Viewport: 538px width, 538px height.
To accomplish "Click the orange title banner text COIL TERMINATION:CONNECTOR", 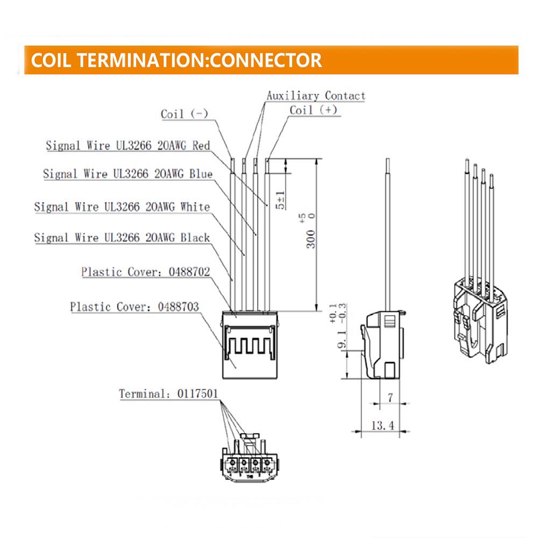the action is point(176,60).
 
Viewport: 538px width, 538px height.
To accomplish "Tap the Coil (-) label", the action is point(185,114).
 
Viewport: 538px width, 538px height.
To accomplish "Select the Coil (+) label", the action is point(314,110).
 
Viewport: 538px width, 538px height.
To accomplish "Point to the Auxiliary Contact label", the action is point(316,95).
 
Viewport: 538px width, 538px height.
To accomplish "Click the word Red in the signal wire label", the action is point(201,145).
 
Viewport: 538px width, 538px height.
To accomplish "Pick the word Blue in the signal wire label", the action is point(201,174).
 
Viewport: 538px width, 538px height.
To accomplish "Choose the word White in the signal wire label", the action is point(195,207).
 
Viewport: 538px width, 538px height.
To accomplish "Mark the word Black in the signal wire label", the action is point(195,237).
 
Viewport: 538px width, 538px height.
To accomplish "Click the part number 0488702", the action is point(189,272).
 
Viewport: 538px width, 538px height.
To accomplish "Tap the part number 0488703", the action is point(179,307).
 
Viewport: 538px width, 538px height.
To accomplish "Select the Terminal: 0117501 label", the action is point(168,394).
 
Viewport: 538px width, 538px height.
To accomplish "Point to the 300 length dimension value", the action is point(311,239).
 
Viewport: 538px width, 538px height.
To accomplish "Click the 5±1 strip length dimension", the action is point(281,200).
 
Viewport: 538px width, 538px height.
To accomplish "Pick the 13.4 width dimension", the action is point(383,426).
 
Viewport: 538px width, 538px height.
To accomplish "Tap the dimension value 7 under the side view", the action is point(390,398).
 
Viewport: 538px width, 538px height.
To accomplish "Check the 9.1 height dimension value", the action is point(342,339).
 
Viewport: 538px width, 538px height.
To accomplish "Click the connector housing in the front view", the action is point(250,344).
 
